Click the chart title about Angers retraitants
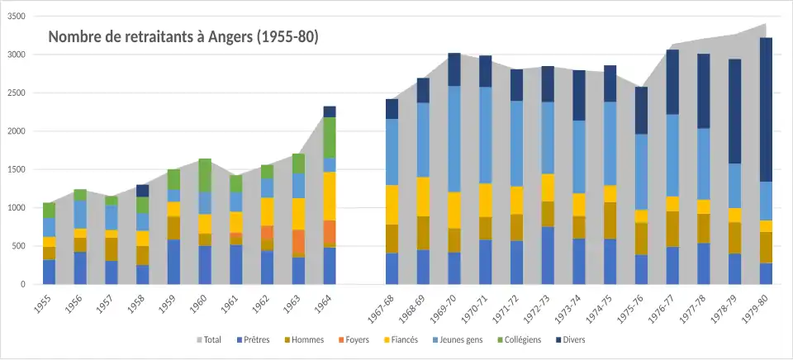[183, 37]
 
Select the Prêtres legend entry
[257, 339]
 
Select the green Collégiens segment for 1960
[205, 175]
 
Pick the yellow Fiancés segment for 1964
[330, 196]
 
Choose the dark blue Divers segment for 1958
[143, 191]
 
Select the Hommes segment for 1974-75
[610, 220]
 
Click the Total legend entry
[207, 339]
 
